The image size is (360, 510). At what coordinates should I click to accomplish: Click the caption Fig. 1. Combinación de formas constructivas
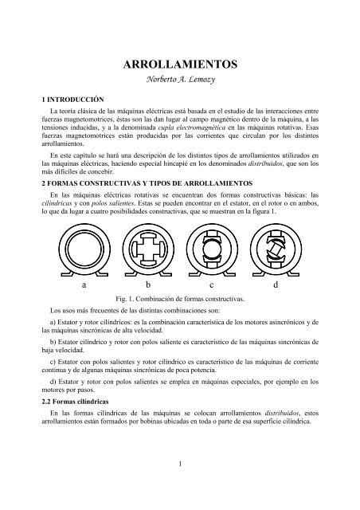[181, 298]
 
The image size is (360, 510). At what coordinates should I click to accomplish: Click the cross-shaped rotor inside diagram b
[147, 249]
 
